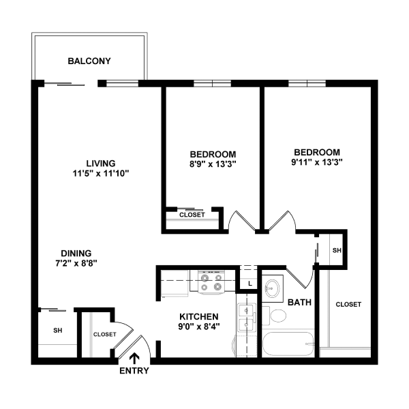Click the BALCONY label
(x=89, y=61)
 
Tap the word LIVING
(x=100, y=164)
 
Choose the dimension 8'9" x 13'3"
(x=213, y=164)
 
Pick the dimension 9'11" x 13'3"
(x=316, y=162)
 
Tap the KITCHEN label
(x=198, y=317)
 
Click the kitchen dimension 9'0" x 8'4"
(x=198, y=327)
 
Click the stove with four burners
(x=211, y=282)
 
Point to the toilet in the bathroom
(x=278, y=316)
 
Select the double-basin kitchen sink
(x=246, y=315)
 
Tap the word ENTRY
(x=134, y=372)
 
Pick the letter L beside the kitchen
(x=250, y=283)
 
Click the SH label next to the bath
(x=336, y=251)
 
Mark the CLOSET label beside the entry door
(x=104, y=334)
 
